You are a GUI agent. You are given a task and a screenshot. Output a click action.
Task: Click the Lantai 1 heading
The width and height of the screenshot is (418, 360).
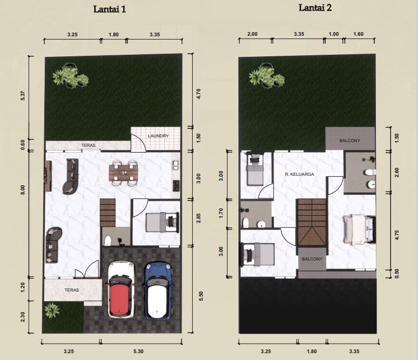pyautogui.click(x=110, y=9)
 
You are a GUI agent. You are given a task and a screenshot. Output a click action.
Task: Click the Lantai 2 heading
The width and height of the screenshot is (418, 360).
pyautogui.click(x=315, y=8)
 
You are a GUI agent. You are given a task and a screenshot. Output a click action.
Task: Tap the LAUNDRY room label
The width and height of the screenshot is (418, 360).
pyautogui.click(x=158, y=136)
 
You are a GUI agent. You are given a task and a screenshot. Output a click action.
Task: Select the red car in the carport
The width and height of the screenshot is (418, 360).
pyautogui.click(x=121, y=289)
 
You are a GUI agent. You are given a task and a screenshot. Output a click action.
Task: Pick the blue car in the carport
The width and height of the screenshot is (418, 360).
pyautogui.click(x=158, y=291)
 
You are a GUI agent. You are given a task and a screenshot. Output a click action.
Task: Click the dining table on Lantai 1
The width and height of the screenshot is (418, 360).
pyautogui.click(x=123, y=173)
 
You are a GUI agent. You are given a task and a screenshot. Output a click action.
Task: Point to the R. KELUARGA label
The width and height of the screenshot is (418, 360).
pyautogui.click(x=300, y=174)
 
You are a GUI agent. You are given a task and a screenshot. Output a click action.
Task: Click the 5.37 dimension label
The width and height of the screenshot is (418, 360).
pyautogui.click(x=23, y=96)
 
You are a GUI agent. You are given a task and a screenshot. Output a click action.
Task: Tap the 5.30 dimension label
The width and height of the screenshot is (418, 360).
pyautogui.click(x=138, y=352)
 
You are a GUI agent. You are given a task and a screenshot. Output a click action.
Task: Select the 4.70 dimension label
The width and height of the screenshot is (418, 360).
pyautogui.click(x=198, y=94)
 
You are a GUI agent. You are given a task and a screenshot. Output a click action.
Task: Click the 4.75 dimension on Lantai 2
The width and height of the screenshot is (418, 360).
pyautogui.click(x=397, y=235)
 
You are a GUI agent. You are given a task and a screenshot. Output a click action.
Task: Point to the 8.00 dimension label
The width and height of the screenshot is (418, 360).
pyautogui.click(x=23, y=189)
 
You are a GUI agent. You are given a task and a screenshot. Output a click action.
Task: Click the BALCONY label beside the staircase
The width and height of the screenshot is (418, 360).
pyautogui.click(x=312, y=259)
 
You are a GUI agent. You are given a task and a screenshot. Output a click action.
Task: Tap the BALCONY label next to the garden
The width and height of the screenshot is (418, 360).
pyautogui.click(x=350, y=141)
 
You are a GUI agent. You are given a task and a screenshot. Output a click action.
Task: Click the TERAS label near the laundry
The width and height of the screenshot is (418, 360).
pyautogui.click(x=88, y=145)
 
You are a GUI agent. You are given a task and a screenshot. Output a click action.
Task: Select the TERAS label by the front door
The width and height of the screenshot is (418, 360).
pyautogui.click(x=72, y=290)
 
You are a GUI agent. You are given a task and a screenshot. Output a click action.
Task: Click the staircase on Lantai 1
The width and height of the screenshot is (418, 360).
pyautogui.click(x=108, y=213)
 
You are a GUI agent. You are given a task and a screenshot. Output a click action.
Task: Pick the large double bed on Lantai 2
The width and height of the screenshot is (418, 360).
pyautogui.click(x=359, y=229)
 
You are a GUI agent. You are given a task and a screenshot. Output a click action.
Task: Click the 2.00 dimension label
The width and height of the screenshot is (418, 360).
pyautogui.click(x=253, y=34)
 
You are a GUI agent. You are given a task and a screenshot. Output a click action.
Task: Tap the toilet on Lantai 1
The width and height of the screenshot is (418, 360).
pyautogui.click(x=108, y=241)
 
